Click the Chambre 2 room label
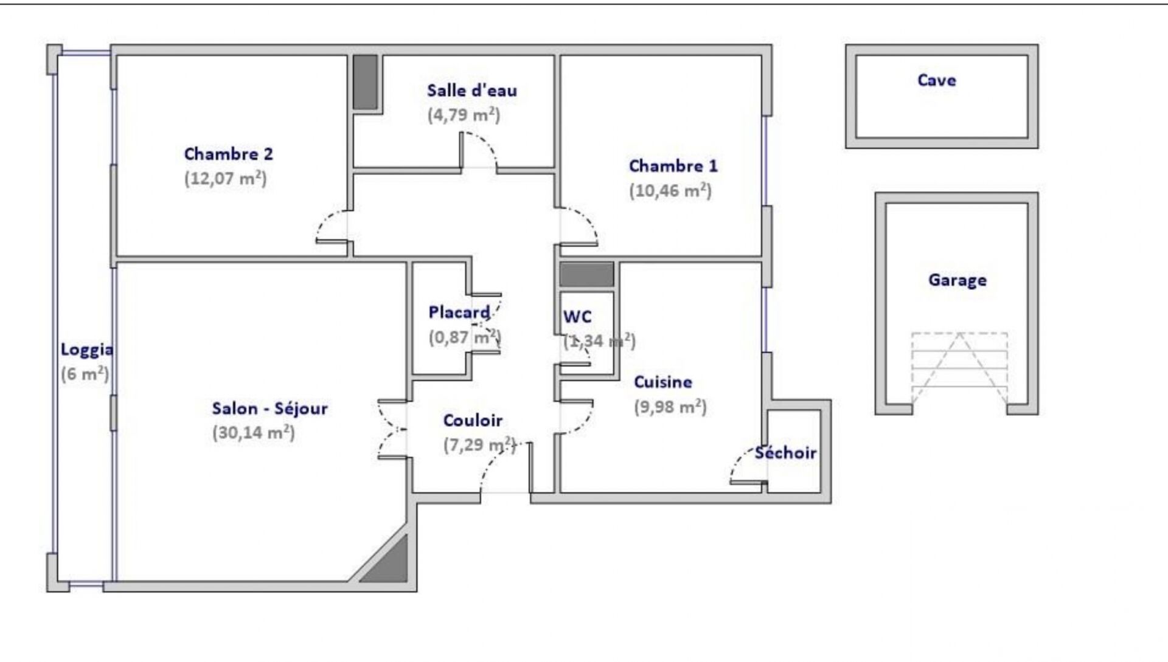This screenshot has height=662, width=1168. click(x=229, y=154)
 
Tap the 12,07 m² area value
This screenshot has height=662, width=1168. click(x=226, y=179)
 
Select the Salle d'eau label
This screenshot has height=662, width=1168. click(x=472, y=91)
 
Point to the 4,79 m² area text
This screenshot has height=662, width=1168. click(x=464, y=115)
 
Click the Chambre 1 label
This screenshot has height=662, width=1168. click(x=673, y=166)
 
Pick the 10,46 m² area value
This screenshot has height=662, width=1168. click(x=670, y=191)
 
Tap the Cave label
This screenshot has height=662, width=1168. click(x=937, y=80)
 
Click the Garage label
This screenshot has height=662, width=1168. click(x=958, y=280)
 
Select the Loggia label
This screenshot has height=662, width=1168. click(x=87, y=350)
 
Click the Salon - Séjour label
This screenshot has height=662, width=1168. click(x=270, y=409)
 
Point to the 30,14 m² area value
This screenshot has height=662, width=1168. click(x=254, y=433)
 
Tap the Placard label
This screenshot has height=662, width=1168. click(x=459, y=312)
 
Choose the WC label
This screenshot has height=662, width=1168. click(x=577, y=317)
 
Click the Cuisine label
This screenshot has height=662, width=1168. click(x=663, y=382)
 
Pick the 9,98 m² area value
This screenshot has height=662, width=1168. click(x=670, y=407)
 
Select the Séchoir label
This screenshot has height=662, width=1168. click(x=786, y=453)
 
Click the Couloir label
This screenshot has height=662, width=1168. click(x=473, y=421)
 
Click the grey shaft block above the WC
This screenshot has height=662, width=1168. click(x=586, y=275)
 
